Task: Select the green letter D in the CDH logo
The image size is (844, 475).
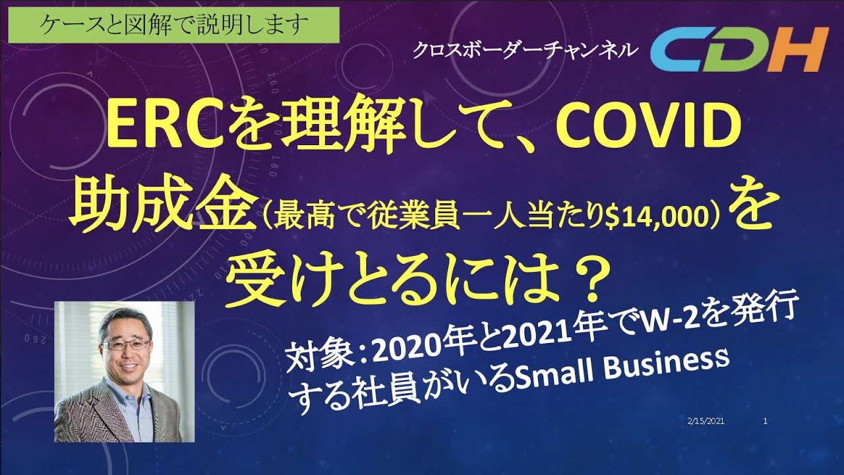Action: pyautogui.click(x=739, y=51)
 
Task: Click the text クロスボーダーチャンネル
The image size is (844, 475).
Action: pyautogui.click(x=525, y=50)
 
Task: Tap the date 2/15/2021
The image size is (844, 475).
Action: pyautogui.click(x=706, y=420)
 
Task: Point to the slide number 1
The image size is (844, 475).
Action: pyautogui.click(x=764, y=420)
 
